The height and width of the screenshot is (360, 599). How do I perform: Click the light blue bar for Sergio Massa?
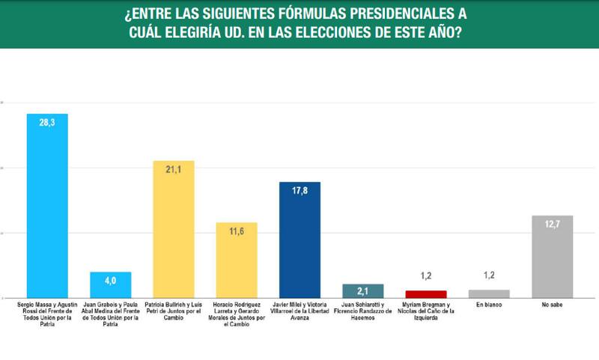[47, 206]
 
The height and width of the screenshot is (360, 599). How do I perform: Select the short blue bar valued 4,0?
[111, 285]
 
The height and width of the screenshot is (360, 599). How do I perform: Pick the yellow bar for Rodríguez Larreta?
[237, 260]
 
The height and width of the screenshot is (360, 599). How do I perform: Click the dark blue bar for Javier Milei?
[299, 240]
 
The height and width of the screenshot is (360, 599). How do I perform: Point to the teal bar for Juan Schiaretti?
[362, 291]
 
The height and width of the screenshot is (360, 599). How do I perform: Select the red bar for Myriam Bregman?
[425, 294]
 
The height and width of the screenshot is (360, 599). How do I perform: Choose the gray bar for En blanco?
[489, 294]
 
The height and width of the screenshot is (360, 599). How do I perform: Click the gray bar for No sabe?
[552, 257]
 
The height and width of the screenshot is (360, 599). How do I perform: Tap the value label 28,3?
[47, 126]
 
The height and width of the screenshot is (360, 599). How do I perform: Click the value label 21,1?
[174, 171]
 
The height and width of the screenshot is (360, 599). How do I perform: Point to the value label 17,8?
[299, 192]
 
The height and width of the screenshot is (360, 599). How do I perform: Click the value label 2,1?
[362, 291]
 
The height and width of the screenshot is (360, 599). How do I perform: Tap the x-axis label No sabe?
[552, 305]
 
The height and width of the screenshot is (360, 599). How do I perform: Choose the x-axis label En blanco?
[489, 305]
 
